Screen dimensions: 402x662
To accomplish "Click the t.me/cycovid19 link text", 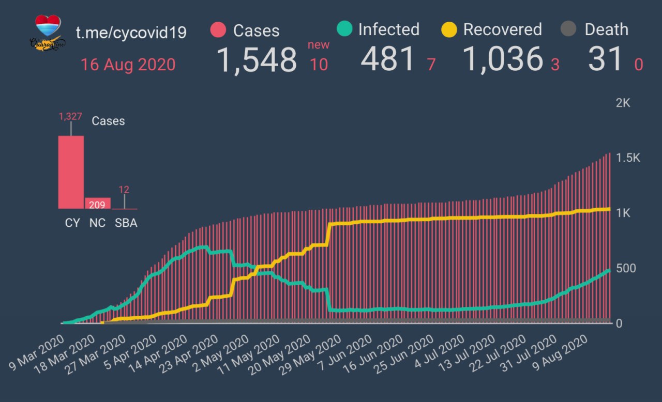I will coord(131,33).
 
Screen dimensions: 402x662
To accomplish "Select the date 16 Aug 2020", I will coord(128,65).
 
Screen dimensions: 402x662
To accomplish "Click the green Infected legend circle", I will coord(344,29).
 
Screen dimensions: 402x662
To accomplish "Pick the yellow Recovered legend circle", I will coord(449,29).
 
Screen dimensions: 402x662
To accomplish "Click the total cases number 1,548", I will coord(256,59).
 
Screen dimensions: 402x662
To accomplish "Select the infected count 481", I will coord(388,59).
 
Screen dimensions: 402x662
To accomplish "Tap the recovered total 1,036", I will coord(503,59).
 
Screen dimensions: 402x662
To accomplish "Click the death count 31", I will coord(605,59).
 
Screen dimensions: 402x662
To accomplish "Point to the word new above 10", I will coord(319,44).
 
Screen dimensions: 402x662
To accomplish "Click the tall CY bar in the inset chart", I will coord(71,172).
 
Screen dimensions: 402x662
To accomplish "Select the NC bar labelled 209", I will coord(97,204).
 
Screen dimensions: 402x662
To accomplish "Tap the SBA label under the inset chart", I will coord(126,224).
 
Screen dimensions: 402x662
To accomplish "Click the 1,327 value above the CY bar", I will coord(71,117).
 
